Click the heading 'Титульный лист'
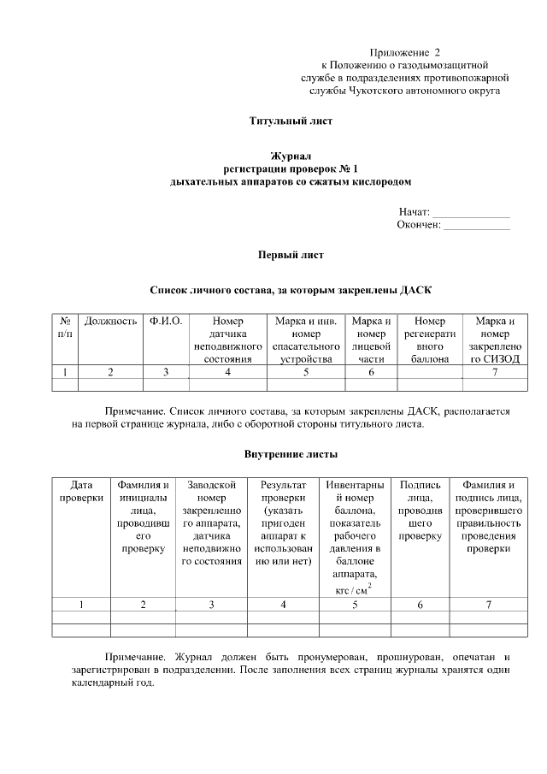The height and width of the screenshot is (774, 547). [291, 121]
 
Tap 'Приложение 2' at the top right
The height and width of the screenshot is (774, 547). [404, 53]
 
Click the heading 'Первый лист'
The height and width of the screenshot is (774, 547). [291, 254]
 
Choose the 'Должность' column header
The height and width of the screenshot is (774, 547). [110, 322]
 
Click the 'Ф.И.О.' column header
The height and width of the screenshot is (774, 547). [166, 322]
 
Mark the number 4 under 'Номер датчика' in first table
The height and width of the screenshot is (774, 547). [227, 372]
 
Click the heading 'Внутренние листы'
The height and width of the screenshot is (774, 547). [291, 452]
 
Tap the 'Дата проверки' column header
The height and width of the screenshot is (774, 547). [81, 492]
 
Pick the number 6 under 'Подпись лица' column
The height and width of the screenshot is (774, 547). [420, 605]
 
